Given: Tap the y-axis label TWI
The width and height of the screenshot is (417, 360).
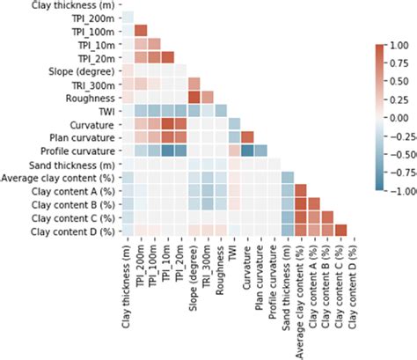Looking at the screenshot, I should (105, 110).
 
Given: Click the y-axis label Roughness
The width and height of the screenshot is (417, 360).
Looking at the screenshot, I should (91, 97).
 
